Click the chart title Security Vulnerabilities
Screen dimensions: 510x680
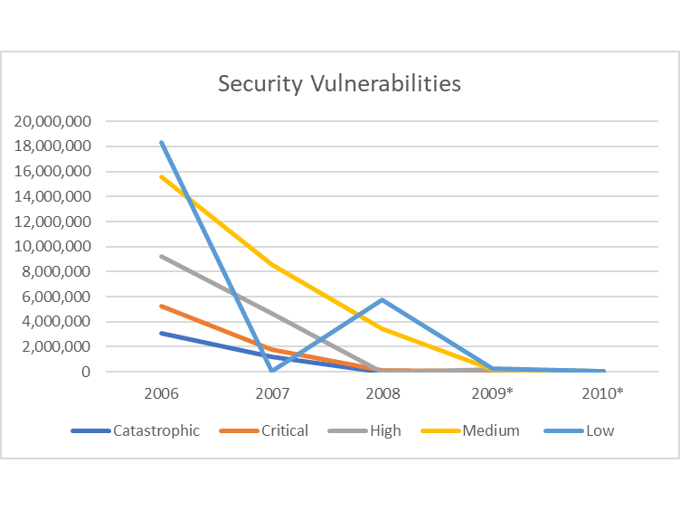339,84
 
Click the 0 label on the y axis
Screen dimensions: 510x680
84,372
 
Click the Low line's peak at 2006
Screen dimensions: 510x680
161,142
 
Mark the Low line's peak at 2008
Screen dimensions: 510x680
382,299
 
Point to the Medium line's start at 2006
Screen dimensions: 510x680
161,176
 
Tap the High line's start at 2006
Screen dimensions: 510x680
161,256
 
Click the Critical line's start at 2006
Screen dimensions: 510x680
161,306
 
